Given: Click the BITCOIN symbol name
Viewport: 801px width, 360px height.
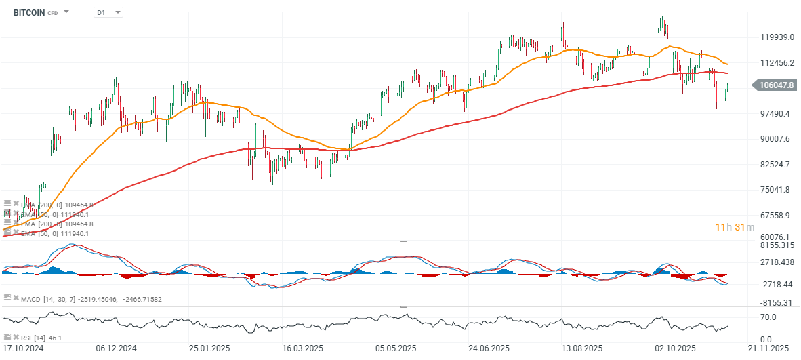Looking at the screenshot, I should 29,12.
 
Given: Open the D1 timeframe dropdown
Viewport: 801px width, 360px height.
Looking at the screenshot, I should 108,12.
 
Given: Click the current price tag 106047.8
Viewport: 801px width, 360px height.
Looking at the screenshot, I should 777,85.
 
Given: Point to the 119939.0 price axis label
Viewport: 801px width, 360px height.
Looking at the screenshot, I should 777,37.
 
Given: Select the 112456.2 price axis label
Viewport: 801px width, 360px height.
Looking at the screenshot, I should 777,63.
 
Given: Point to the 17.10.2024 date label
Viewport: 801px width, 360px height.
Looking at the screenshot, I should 24,348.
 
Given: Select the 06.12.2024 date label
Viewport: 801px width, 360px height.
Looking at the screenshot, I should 117,348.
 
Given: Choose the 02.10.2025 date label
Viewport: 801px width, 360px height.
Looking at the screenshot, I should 675,348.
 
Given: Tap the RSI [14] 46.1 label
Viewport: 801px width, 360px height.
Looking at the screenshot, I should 43,337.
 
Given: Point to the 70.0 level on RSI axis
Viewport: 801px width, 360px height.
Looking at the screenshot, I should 768,317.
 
